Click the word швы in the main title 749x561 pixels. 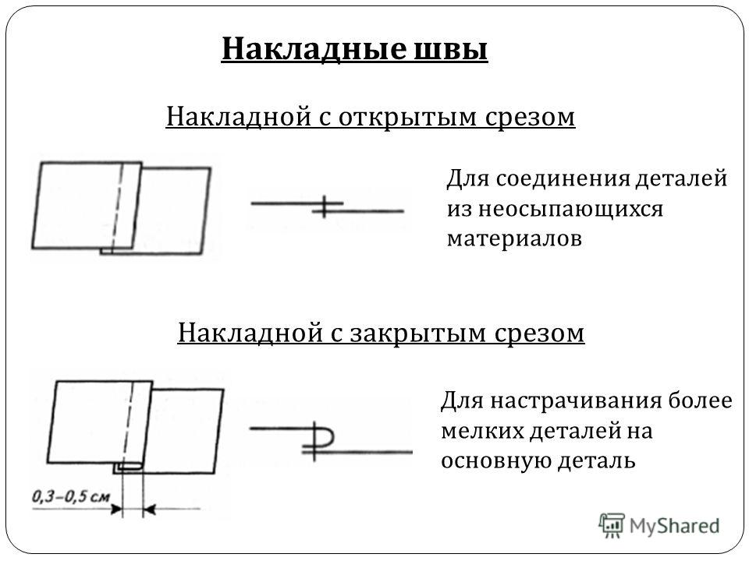(450, 48)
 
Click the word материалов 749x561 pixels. (514, 238)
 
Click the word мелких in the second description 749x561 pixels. (481, 431)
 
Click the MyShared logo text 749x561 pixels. (674, 526)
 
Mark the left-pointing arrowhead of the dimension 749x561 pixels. (149, 510)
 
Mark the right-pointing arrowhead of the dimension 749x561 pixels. (116, 510)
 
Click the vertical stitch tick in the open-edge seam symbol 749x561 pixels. (325, 206)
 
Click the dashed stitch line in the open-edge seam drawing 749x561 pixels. (116, 208)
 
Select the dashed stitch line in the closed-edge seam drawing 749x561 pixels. (128, 424)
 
